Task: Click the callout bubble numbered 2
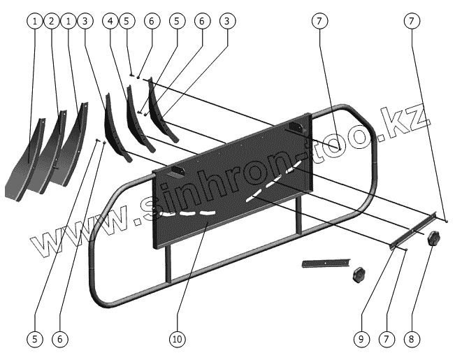click(51, 22)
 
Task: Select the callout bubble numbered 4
click(110, 22)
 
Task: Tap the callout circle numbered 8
click(411, 339)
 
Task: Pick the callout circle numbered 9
click(361, 339)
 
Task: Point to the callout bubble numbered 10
click(177, 339)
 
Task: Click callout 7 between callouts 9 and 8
click(384, 339)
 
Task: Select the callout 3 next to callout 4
click(86, 22)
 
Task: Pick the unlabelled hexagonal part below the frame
click(360, 273)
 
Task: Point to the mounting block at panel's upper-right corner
click(297, 127)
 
